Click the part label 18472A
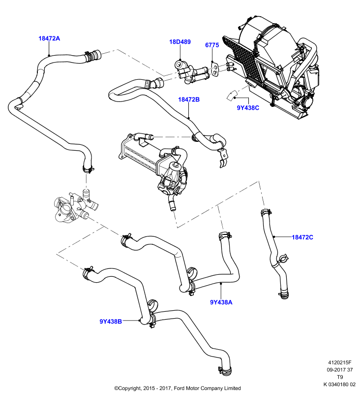point(49,38)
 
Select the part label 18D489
point(180,42)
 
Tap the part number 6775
point(212,45)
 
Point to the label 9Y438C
point(248,108)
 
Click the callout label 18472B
point(189,99)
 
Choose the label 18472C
point(302,237)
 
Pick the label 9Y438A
point(221,302)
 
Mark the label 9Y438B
point(111,322)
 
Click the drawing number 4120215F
point(340,362)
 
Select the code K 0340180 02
point(339,385)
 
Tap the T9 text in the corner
point(340,377)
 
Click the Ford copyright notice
point(178,388)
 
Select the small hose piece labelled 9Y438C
point(232,96)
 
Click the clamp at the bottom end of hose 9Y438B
point(225,370)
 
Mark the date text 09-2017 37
point(340,370)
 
